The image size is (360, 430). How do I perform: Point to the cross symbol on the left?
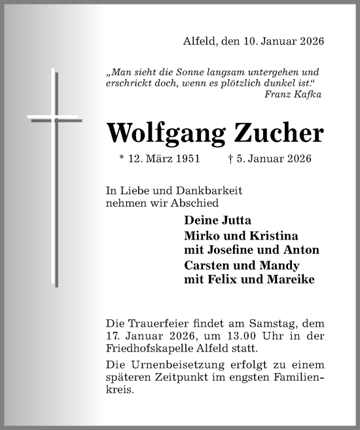click(56, 177)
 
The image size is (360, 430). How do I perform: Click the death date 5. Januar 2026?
click(269, 159)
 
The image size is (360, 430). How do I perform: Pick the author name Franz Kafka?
click(293, 94)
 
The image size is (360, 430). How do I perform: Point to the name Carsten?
click(206, 266)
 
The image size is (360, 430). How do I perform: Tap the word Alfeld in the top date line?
click(198, 42)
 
